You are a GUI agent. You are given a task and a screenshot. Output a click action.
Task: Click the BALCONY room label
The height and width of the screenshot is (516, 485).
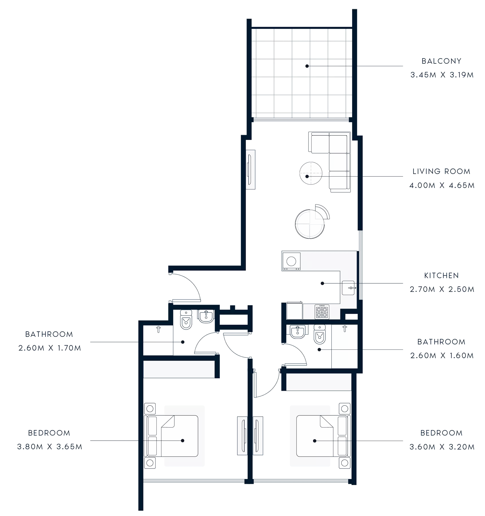pyautogui.click(x=441, y=61)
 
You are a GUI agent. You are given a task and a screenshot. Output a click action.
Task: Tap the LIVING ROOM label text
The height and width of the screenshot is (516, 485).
pyautogui.click(x=441, y=171)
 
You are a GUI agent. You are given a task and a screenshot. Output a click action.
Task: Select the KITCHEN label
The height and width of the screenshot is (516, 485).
pyautogui.click(x=441, y=276)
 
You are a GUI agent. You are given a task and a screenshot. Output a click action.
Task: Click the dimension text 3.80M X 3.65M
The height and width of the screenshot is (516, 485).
pyautogui.click(x=50, y=447)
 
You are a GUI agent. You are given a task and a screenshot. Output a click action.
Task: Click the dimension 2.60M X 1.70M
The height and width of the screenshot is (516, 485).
pyautogui.click(x=50, y=348)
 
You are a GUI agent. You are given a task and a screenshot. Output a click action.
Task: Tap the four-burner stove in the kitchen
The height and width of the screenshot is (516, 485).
pyautogui.click(x=322, y=312)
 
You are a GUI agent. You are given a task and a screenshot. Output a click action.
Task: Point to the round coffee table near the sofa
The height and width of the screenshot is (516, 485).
pyautogui.click(x=311, y=173)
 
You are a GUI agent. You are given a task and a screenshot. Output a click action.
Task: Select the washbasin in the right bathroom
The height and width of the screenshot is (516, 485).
pyautogui.click(x=297, y=332)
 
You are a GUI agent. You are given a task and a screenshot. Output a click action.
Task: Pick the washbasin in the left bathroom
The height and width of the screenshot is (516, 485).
pyautogui.click(x=206, y=316)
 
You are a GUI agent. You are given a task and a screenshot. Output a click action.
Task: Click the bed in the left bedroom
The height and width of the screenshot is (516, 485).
pyautogui.click(x=172, y=436)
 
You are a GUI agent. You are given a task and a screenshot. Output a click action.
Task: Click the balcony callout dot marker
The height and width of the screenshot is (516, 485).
pyautogui.click(x=307, y=66)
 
